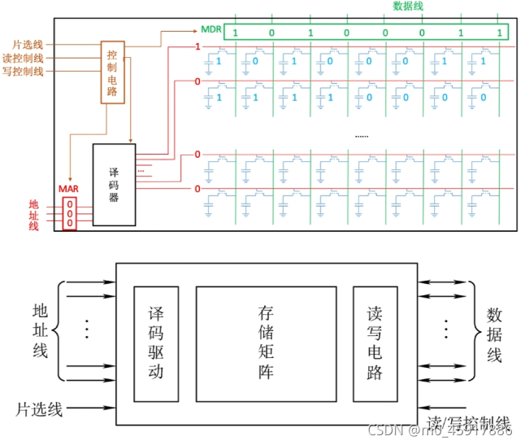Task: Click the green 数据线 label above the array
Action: (x=408, y=7)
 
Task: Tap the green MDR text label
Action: (x=210, y=31)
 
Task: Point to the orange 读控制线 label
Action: (x=24, y=58)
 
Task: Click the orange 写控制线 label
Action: (x=24, y=72)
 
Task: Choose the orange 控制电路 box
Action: (x=112, y=72)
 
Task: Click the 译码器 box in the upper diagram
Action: (x=114, y=185)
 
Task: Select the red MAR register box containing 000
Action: (x=70, y=212)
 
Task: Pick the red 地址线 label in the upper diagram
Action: (x=33, y=214)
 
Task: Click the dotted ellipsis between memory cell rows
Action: (x=362, y=135)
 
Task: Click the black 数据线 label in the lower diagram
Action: (x=494, y=335)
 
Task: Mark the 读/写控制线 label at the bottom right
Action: (x=470, y=422)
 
